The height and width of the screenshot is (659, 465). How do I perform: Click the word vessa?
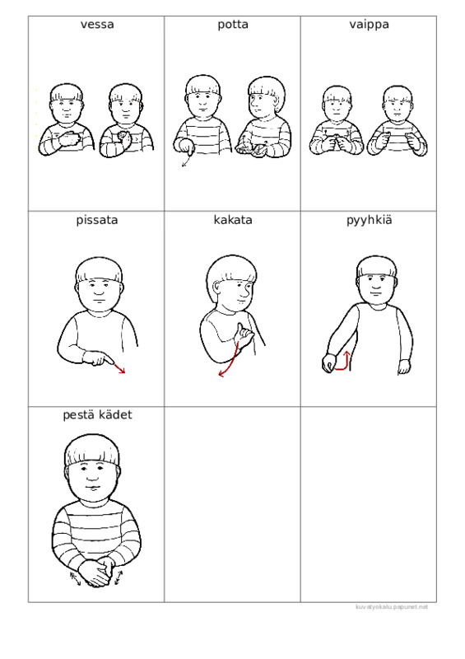(97, 25)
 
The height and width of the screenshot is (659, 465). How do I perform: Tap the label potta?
(233, 25)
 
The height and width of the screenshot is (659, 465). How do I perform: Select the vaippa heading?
(369, 25)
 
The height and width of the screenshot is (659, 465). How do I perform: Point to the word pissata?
(97, 220)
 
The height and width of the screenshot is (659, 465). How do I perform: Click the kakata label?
(233, 220)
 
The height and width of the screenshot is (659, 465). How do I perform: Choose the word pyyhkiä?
(369, 220)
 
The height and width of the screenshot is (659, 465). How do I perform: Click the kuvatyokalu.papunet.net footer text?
(392, 607)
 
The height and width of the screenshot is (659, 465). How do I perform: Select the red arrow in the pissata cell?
(119, 367)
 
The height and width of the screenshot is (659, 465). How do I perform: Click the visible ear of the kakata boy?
(216, 287)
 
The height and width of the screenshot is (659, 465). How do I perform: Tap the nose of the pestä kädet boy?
(92, 475)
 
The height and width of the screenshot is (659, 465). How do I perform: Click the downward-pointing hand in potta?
(184, 147)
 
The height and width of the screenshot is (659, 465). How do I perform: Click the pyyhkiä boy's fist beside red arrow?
(328, 362)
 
